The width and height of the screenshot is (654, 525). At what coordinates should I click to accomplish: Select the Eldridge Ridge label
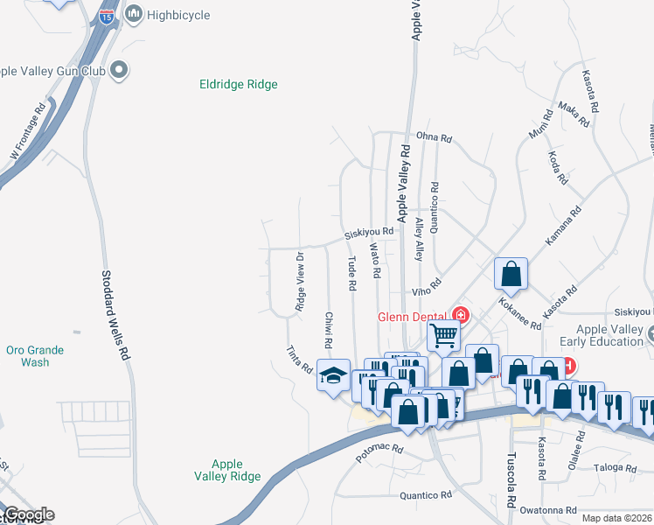239,85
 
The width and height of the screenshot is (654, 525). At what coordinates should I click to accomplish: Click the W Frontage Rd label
28,133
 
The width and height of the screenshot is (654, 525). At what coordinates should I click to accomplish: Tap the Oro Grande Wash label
34,356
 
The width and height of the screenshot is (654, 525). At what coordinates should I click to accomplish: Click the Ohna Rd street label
434,137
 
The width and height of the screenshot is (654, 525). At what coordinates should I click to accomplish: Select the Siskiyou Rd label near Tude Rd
369,234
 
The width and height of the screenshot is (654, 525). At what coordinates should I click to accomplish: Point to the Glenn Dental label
412,317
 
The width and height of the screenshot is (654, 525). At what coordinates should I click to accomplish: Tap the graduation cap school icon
333,374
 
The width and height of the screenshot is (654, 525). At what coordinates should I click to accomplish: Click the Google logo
29,514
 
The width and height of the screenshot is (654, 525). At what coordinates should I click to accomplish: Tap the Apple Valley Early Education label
610,335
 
